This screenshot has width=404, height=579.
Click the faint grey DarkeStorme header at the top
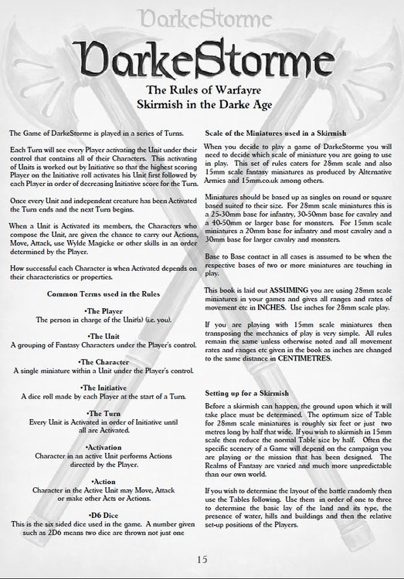pyautogui.click(x=202, y=14)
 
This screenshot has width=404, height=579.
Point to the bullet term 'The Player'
pyautogui.click(x=103, y=288)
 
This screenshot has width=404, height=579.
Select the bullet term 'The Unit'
pyautogui.click(x=103, y=315)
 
